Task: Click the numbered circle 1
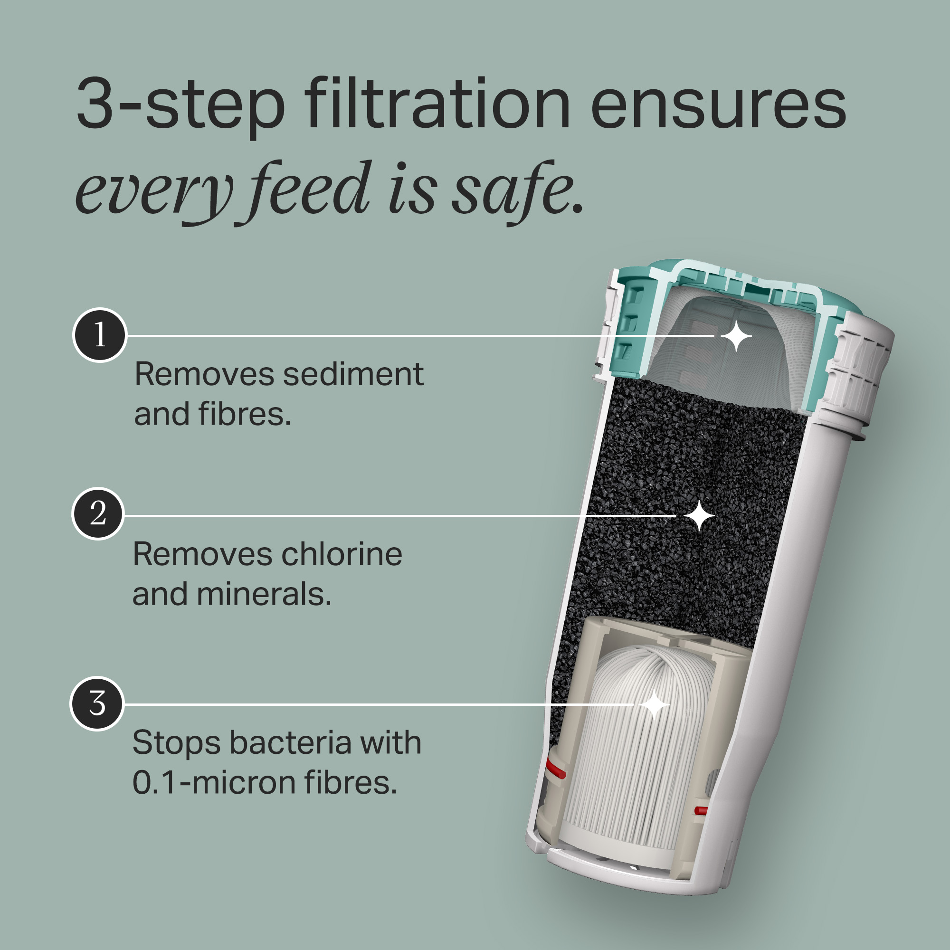(x=100, y=335)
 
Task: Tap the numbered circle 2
(x=98, y=514)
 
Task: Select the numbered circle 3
(x=97, y=703)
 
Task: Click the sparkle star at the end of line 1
(x=736, y=336)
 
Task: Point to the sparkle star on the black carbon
(x=699, y=516)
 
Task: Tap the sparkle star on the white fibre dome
(x=655, y=704)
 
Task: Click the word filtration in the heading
(x=437, y=104)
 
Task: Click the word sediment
(x=353, y=375)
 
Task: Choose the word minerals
(x=264, y=595)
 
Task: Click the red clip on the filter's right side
(x=700, y=810)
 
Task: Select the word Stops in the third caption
(x=176, y=743)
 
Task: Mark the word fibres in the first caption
(x=245, y=415)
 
